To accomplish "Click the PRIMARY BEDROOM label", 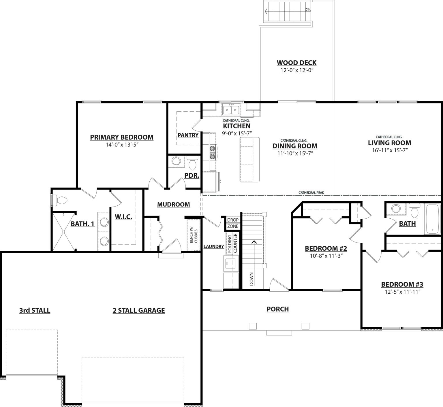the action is point(122,137).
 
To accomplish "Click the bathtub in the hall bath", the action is point(432,219).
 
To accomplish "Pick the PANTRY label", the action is point(188,135).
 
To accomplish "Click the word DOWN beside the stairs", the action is point(251,279).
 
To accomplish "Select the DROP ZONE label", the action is point(233,223).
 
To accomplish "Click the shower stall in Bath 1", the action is point(63,232).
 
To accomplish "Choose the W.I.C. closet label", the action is point(123,217).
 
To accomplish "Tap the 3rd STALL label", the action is point(35,310).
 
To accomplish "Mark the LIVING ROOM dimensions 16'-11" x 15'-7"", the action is point(389,150).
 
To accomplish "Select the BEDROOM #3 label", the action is point(402,284).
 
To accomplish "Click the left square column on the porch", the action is point(253,326).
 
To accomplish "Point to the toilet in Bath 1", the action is point(60,200).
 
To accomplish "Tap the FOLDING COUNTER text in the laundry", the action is point(232,243).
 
